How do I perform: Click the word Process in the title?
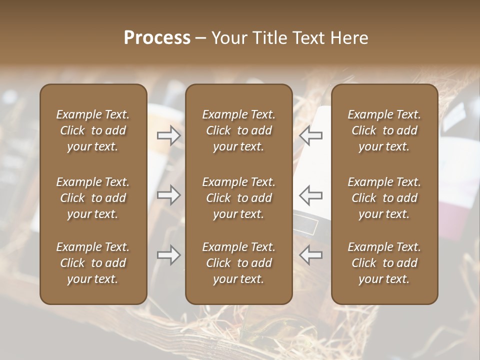tap(157, 38)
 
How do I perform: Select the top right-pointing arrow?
tap(169, 135)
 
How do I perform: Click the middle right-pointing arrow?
tap(169, 195)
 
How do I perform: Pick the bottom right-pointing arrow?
tap(169, 255)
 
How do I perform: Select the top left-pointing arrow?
tap(311, 135)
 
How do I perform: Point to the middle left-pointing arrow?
tap(311, 195)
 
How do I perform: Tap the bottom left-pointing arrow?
tap(311, 255)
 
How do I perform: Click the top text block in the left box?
tap(93, 130)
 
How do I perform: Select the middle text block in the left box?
tap(93, 198)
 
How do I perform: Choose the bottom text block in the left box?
tap(93, 263)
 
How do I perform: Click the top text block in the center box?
tap(239, 130)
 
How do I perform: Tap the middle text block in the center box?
tap(239, 198)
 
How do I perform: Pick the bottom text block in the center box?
tap(239, 263)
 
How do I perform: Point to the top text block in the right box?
tap(384, 130)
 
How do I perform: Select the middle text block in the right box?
tap(384, 198)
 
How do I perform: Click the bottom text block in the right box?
tap(384, 263)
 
